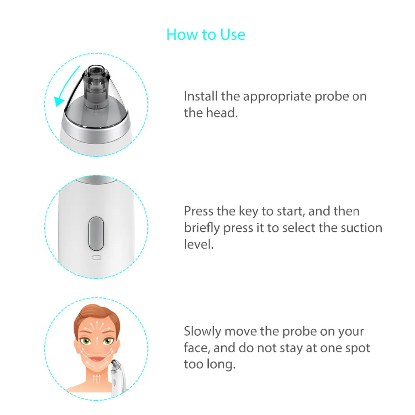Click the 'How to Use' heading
(x=206, y=35)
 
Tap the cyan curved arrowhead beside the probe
(x=59, y=101)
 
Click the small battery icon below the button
(x=96, y=258)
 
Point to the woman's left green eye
(x=107, y=342)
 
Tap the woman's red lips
(x=97, y=359)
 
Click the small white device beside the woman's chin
(x=117, y=376)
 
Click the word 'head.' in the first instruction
(x=222, y=113)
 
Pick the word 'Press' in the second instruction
(x=198, y=211)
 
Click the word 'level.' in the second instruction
(x=199, y=244)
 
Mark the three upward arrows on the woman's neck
(x=97, y=379)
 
